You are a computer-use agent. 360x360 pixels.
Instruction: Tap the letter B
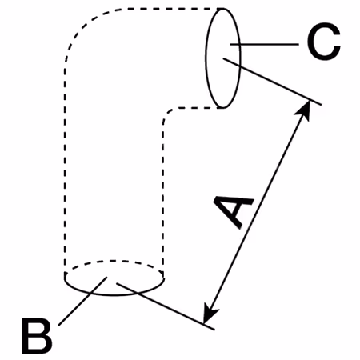coord(37,336)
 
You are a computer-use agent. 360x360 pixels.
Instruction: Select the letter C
coord(323,41)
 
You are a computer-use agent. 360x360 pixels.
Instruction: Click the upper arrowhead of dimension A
coord(304,109)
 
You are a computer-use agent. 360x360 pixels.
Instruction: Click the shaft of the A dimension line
coord(257,212)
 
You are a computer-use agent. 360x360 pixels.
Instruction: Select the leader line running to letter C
coord(264,44)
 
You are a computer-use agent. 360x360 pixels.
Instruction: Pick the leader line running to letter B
coord(82,302)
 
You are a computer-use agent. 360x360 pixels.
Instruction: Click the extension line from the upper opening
coord(272,82)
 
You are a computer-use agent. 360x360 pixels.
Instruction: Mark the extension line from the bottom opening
coord(166,306)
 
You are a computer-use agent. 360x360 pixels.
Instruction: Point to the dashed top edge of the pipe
coord(170,9)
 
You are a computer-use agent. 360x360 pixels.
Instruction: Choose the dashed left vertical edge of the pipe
coord(65,170)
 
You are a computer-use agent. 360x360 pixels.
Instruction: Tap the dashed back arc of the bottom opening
coord(114,261)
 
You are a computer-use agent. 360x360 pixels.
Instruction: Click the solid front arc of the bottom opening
coord(114,294)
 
